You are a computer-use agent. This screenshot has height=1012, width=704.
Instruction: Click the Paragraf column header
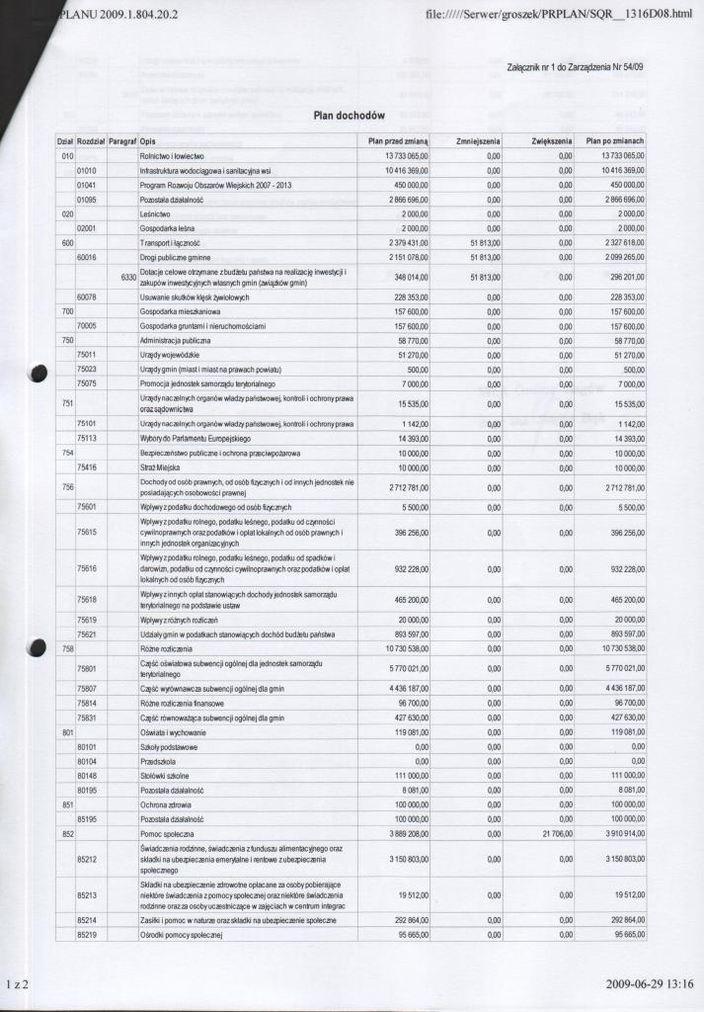[122, 141]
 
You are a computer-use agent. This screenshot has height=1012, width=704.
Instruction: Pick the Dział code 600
[68, 241]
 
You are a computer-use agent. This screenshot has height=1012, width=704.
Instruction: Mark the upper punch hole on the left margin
[39, 373]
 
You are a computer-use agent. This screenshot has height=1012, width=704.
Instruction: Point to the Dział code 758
[68, 647]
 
